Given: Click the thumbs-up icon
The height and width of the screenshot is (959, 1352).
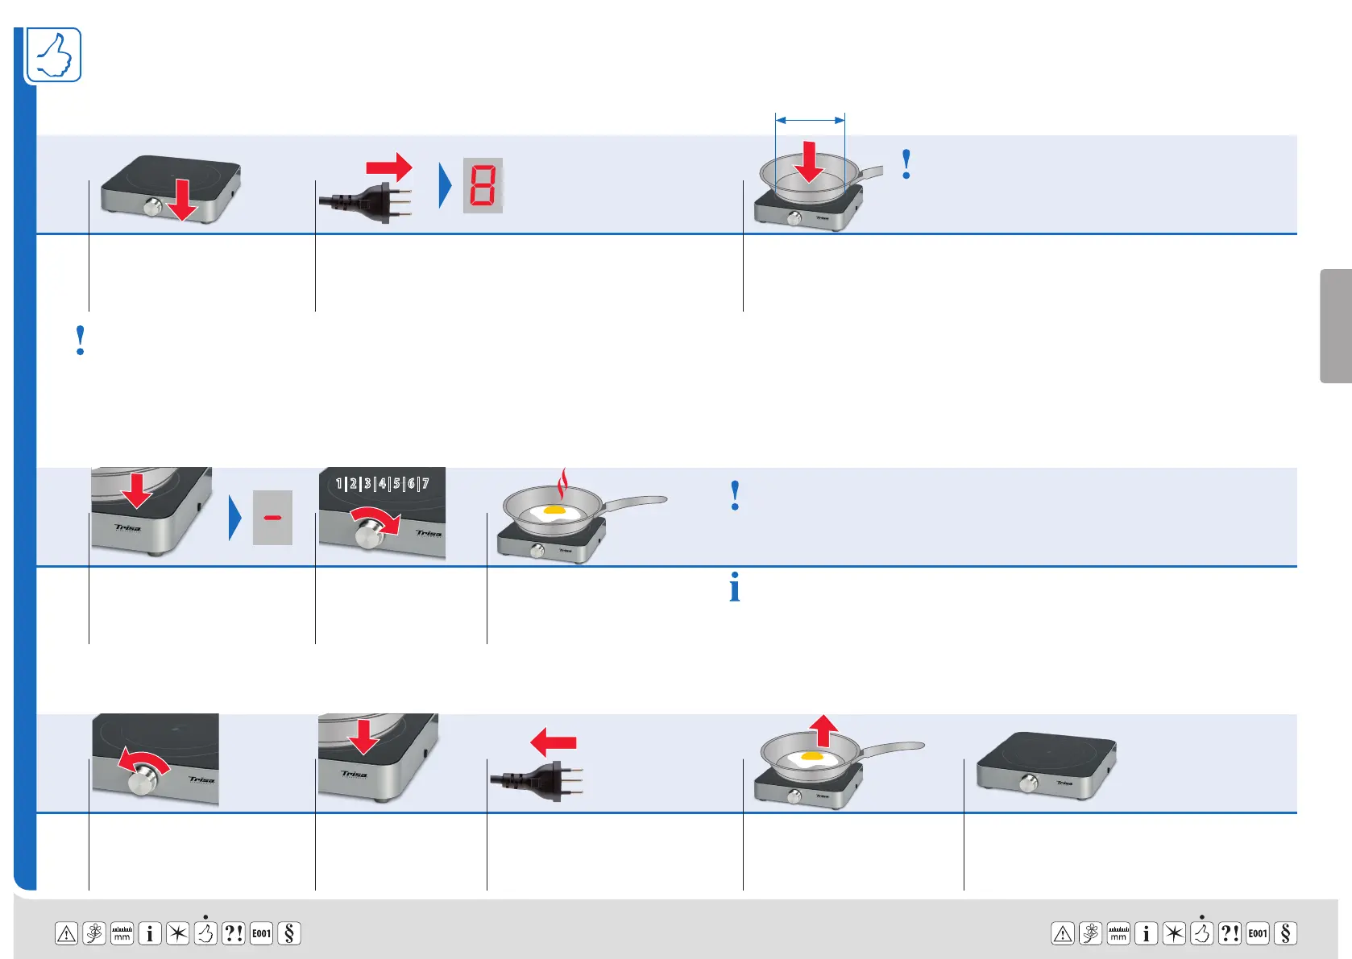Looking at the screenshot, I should click(x=54, y=55).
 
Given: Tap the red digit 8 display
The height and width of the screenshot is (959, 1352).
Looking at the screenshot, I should click(x=483, y=185).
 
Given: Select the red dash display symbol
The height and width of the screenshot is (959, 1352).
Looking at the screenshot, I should click(x=272, y=518).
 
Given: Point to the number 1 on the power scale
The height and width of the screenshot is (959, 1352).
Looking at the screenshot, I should click(x=339, y=483).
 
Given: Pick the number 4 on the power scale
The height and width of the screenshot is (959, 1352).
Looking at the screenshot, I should click(x=382, y=483).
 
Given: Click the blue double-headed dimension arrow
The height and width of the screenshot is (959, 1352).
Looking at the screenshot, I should click(x=810, y=120).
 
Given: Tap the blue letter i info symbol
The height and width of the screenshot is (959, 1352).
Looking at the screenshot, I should click(x=734, y=588).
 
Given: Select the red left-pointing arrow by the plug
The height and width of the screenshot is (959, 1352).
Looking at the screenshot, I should click(x=554, y=742).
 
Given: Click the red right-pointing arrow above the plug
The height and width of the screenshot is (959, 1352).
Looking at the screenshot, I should click(x=389, y=167).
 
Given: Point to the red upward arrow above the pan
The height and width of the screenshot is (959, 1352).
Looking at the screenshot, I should click(x=823, y=730).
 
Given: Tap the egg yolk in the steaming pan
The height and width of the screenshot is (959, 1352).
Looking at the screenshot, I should click(x=554, y=510).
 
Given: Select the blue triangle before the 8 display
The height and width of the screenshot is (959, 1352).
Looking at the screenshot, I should click(x=445, y=185).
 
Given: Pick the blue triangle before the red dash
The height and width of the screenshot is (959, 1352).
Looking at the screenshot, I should click(x=234, y=518).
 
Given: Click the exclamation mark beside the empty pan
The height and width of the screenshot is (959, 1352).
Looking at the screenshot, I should click(x=906, y=164).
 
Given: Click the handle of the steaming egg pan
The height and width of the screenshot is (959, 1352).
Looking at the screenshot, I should click(x=637, y=503).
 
